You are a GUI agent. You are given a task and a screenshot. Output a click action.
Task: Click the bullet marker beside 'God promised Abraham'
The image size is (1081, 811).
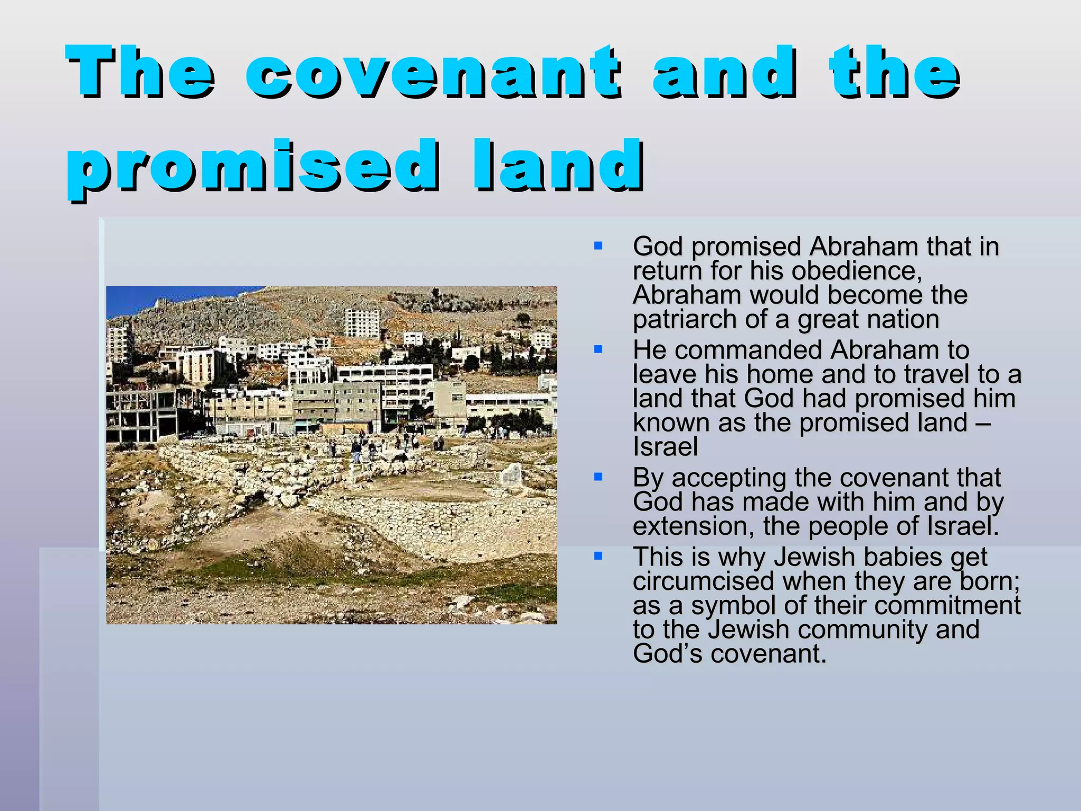[598, 246]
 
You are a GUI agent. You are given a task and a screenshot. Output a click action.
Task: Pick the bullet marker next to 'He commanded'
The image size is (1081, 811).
[598, 349]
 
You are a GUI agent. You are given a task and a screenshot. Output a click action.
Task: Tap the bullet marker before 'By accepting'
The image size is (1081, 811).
[598, 477]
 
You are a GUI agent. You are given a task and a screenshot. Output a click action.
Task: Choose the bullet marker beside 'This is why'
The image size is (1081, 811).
[598, 555]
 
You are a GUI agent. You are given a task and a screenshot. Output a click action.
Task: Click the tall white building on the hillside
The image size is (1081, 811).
[362, 322]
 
